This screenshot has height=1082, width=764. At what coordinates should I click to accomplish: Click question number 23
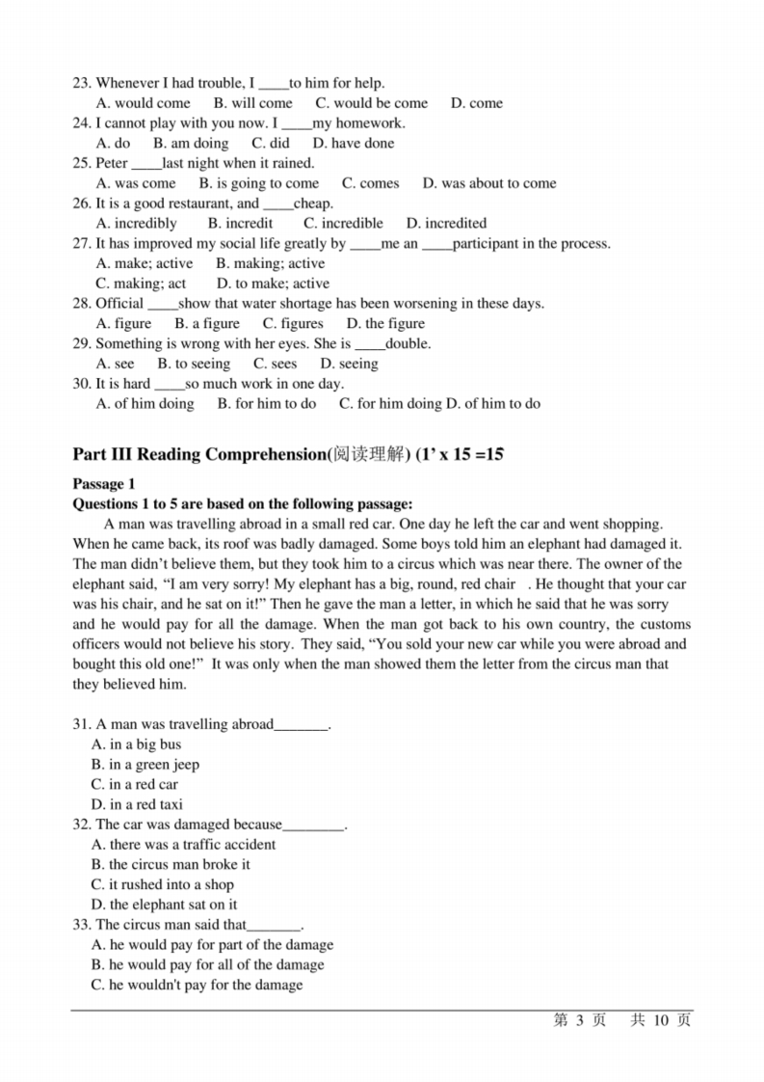click(x=82, y=83)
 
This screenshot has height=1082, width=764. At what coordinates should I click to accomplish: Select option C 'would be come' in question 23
click(x=371, y=103)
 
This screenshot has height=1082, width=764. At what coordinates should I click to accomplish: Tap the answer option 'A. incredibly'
click(x=137, y=223)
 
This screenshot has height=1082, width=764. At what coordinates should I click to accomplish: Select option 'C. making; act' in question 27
click(x=142, y=284)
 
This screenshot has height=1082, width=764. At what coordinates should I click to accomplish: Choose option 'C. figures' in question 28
click(x=293, y=324)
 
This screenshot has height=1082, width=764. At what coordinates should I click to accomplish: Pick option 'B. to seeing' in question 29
click(x=194, y=364)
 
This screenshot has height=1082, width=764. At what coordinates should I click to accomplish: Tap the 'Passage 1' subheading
click(x=104, y=484)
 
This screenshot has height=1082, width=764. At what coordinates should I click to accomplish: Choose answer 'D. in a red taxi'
click(x=137, y=804)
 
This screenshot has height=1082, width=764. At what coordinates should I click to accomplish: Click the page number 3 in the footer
click(x=581, y=1021)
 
